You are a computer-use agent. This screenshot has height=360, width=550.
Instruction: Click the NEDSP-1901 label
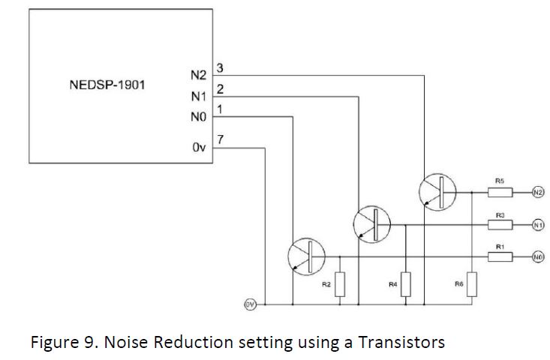107,85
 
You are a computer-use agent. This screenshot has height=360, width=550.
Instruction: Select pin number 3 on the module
219,69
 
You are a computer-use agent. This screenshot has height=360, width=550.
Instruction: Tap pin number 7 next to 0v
219,140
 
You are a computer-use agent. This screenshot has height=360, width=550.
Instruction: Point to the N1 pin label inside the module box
199,97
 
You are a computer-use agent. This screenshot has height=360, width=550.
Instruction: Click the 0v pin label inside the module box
199,148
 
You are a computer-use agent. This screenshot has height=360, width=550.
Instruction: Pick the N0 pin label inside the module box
199,117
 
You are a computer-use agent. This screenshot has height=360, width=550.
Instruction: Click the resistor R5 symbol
500,192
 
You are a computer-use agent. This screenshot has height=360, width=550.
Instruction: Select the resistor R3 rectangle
500,224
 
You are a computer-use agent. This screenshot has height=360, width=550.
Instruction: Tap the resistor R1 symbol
500,256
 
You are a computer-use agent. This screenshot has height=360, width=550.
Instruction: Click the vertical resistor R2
340,284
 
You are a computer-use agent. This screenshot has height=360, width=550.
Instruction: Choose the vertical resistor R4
405,284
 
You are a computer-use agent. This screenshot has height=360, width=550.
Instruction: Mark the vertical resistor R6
470,284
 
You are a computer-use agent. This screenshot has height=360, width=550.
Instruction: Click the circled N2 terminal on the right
537,192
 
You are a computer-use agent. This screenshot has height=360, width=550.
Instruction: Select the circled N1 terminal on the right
537,224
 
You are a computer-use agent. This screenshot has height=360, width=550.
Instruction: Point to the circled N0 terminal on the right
537,256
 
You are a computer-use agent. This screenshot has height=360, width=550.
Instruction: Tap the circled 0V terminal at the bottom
250,304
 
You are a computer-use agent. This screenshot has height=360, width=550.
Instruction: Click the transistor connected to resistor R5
433,191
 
